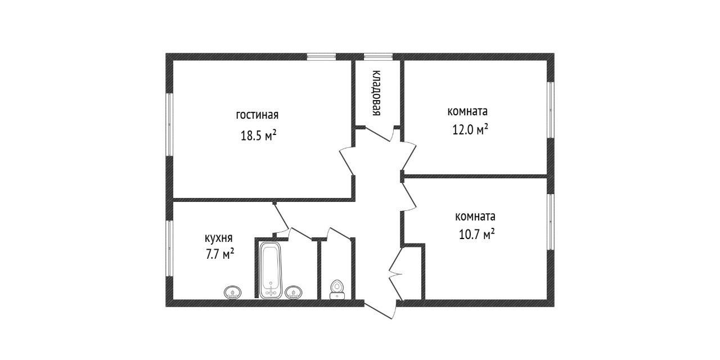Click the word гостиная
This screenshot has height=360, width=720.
(x=257, y=115)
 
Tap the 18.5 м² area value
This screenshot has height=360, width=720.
(x=258, y=136)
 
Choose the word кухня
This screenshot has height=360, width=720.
(x=219, y=238)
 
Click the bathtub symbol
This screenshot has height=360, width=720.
(x=271, y=269)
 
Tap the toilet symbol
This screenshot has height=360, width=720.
(x=337, y=289)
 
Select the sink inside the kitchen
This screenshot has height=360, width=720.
(x=232, y=292)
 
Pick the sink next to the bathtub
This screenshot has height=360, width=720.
(x=294, y=292)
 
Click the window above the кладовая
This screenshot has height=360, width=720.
(x=378, y=56)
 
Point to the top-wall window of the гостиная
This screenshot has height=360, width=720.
(x=321, y=56)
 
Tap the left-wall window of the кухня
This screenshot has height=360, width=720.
(x=169, y=247)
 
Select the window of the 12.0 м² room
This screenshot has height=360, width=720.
(x=551, y=110)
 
